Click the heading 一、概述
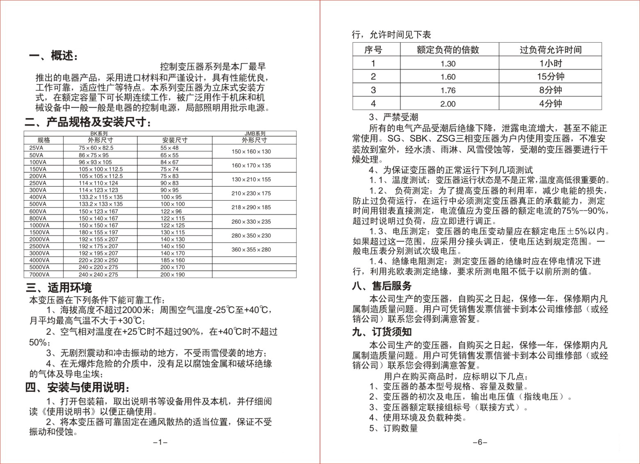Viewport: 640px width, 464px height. pos(53,56)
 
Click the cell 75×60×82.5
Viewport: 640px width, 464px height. pos(96,148)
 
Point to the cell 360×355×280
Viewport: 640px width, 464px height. pos(251,250)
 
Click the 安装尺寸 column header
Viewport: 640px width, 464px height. pos(175,140)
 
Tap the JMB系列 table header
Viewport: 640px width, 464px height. pos(255,133)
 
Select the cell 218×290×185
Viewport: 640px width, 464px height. pos(251,207)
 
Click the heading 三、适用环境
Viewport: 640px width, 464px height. pos(59,288)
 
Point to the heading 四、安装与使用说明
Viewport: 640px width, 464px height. pos(78,387)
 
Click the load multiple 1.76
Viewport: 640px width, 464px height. pos(448,90)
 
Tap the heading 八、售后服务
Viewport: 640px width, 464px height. pos(382,286)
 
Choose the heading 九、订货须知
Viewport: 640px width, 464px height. pos(382,332)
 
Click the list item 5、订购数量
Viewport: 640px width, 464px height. pos(393,428)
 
